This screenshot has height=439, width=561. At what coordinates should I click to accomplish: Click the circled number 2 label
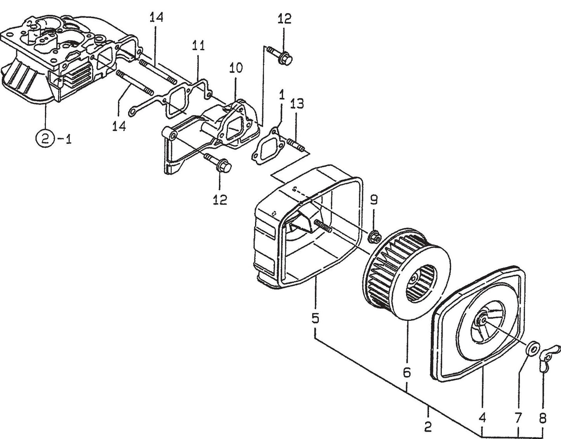point(45,138)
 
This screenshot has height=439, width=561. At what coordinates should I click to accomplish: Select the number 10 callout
point(236,68)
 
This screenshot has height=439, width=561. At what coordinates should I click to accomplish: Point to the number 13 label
point(297,104)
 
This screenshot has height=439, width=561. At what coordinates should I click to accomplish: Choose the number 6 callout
point(406,372)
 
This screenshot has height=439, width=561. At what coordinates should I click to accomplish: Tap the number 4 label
point(482,418)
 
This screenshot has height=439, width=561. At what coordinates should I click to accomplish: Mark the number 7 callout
point(518,418)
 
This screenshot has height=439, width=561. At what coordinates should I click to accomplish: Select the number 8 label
point(542,418)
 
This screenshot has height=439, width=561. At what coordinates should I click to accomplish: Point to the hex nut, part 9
point(374,235)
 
